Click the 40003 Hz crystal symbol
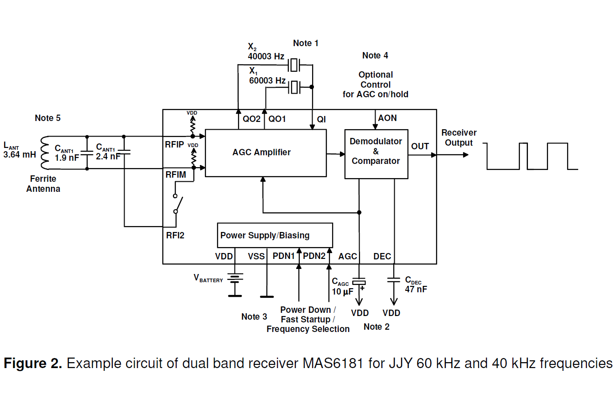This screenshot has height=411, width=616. [x=295, y=65]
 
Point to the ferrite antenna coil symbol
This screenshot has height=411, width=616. [x=45, y=153]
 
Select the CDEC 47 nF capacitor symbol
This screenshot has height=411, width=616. [x=393, y=280]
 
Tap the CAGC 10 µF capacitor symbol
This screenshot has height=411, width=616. [x=359, y=282]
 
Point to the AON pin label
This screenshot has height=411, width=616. [x=387, y=118]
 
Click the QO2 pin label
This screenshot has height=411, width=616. [x=251, y=119]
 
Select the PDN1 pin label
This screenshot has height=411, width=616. [x=283, y=256]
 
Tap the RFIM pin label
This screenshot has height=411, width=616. [x=176, y=175]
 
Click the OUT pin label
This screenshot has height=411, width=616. [x=420, y=147]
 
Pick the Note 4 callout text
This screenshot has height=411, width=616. [x=375, y=56]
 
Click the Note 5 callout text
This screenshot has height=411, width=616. [x=47, y=118]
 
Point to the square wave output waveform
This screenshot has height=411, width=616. [x=532, y=156]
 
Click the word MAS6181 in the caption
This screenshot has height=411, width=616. [x=333, y=364]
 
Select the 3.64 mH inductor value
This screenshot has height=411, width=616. [x=20, y=155]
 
